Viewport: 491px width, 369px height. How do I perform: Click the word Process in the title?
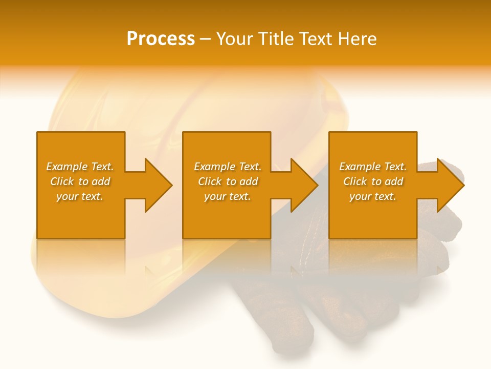tap(161, 39)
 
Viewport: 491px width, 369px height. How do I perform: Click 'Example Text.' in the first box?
tap(80, 167)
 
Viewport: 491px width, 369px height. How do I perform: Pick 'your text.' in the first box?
tap(80, 196)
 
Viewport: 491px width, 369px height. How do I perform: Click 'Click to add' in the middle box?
tap(228, 181)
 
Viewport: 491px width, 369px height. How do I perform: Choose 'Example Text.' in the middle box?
tap(228, 167)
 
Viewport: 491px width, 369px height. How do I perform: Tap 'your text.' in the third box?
tap(373, 196)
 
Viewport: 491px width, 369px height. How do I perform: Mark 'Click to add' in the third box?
tap(373, 181)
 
